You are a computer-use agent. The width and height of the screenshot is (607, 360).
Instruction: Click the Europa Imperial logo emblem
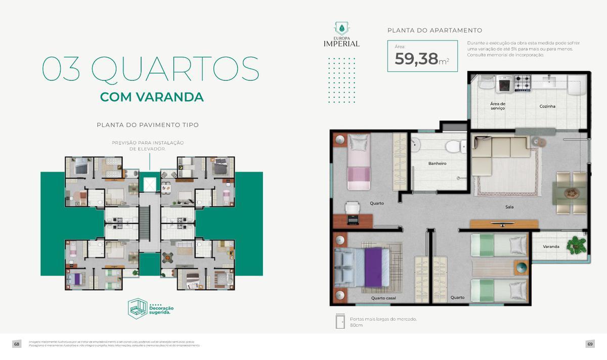[x=341, y=28]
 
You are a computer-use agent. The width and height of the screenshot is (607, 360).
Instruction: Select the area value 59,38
[x=416, y=59]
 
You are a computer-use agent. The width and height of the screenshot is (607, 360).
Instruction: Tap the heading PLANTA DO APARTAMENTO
[x=435, y=30]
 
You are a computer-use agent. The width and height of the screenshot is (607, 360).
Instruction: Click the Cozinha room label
[x=547, y=106]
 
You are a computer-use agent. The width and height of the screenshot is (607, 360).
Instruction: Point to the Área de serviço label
[x=498, y=106]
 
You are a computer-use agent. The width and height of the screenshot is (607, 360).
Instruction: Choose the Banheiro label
[x=437, y=163]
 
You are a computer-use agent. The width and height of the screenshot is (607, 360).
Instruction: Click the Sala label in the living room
[x=509, y=207]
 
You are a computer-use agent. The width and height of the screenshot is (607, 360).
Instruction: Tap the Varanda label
[x=551, y=247]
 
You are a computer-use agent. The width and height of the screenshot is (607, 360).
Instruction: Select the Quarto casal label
[x=383, y=298]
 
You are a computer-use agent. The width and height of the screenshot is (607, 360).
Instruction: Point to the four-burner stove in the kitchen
[x=522, y=83]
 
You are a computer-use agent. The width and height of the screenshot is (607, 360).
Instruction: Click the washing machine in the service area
[x=504, y=84]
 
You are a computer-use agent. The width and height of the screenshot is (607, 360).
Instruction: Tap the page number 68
[x=17, y=344]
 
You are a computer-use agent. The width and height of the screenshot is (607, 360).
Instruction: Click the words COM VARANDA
[x=152, y=97]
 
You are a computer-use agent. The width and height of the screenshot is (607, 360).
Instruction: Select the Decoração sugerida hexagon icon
[x=137, y=308]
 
